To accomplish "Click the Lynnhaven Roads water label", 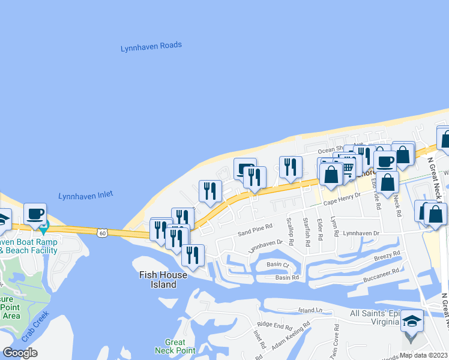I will point(151,46).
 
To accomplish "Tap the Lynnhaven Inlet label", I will point(86,195).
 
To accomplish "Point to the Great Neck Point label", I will point(175,346).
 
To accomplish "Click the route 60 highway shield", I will point(103,232).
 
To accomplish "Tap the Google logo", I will point(20,353).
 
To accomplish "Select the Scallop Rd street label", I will point(291,232).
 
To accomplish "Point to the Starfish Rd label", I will point(306,231).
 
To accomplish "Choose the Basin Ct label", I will point(278,265).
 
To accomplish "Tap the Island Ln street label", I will point(310,310).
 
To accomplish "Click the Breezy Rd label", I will point(387,256).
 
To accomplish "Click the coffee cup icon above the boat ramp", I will point(35,214).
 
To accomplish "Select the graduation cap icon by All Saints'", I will point(412,321).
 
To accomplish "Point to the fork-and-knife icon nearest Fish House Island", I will point(193,254).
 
